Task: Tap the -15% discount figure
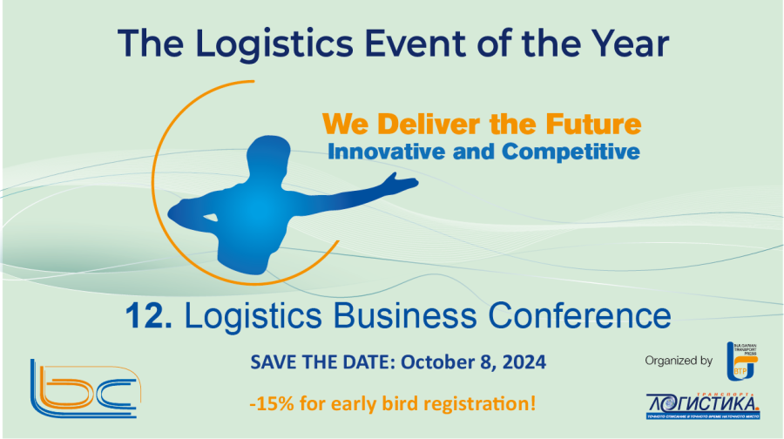267,404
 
